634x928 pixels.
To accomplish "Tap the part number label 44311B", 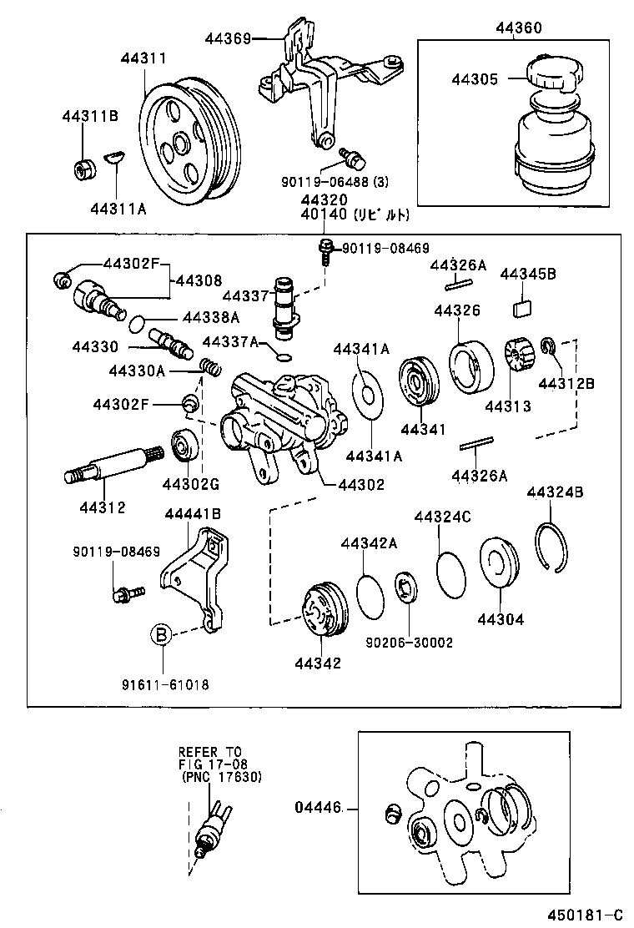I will click(89, 116).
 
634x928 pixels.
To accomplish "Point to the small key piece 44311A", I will click(114, 155).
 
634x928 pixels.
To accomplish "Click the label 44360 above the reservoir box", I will click(518, 28).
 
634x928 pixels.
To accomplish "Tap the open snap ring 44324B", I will click(553, 547).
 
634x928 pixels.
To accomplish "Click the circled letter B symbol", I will click(161, 635).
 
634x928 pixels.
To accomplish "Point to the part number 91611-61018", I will click(164, 684).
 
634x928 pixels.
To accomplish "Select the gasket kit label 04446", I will click(317, 808).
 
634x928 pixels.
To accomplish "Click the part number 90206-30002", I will click(409, 643).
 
